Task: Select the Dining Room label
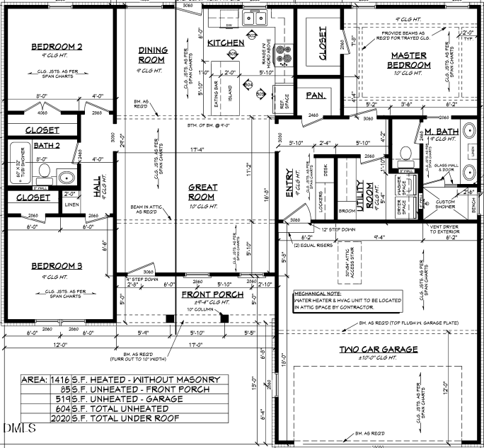click(153, 55)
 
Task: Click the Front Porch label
click(212, 294)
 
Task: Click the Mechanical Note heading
click(318, 292)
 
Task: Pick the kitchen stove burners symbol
click(284, 52)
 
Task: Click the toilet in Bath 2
click(43, 171)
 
